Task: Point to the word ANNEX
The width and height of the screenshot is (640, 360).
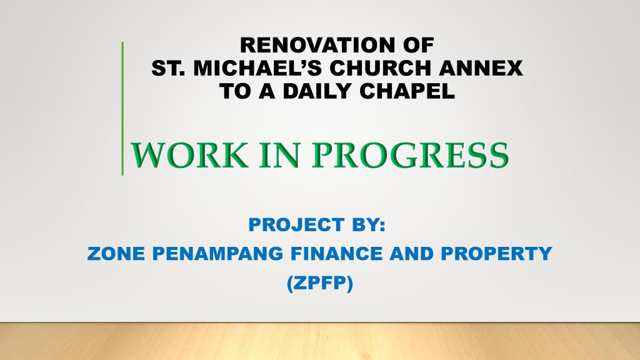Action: coord(481,68)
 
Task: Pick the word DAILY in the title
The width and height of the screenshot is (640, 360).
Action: coord(317,91)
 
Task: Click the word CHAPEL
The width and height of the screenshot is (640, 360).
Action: coord(407,91)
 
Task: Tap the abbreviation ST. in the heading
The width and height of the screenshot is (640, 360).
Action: coord(167,68)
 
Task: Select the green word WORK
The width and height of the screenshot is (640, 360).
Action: coord(189,155)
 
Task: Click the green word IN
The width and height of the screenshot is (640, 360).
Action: coord(280,155)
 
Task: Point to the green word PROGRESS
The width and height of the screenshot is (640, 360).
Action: coord(410,155)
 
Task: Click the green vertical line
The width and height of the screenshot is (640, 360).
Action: coord(122,109)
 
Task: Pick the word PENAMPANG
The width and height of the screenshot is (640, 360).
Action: coord(218,254)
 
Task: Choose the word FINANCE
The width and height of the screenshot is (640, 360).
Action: coord(337,254)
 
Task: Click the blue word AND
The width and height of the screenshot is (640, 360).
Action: coord(411,254)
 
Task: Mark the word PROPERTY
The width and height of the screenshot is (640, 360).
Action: coord(496,254)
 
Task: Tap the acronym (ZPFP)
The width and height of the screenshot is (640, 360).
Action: coord(319,283)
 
